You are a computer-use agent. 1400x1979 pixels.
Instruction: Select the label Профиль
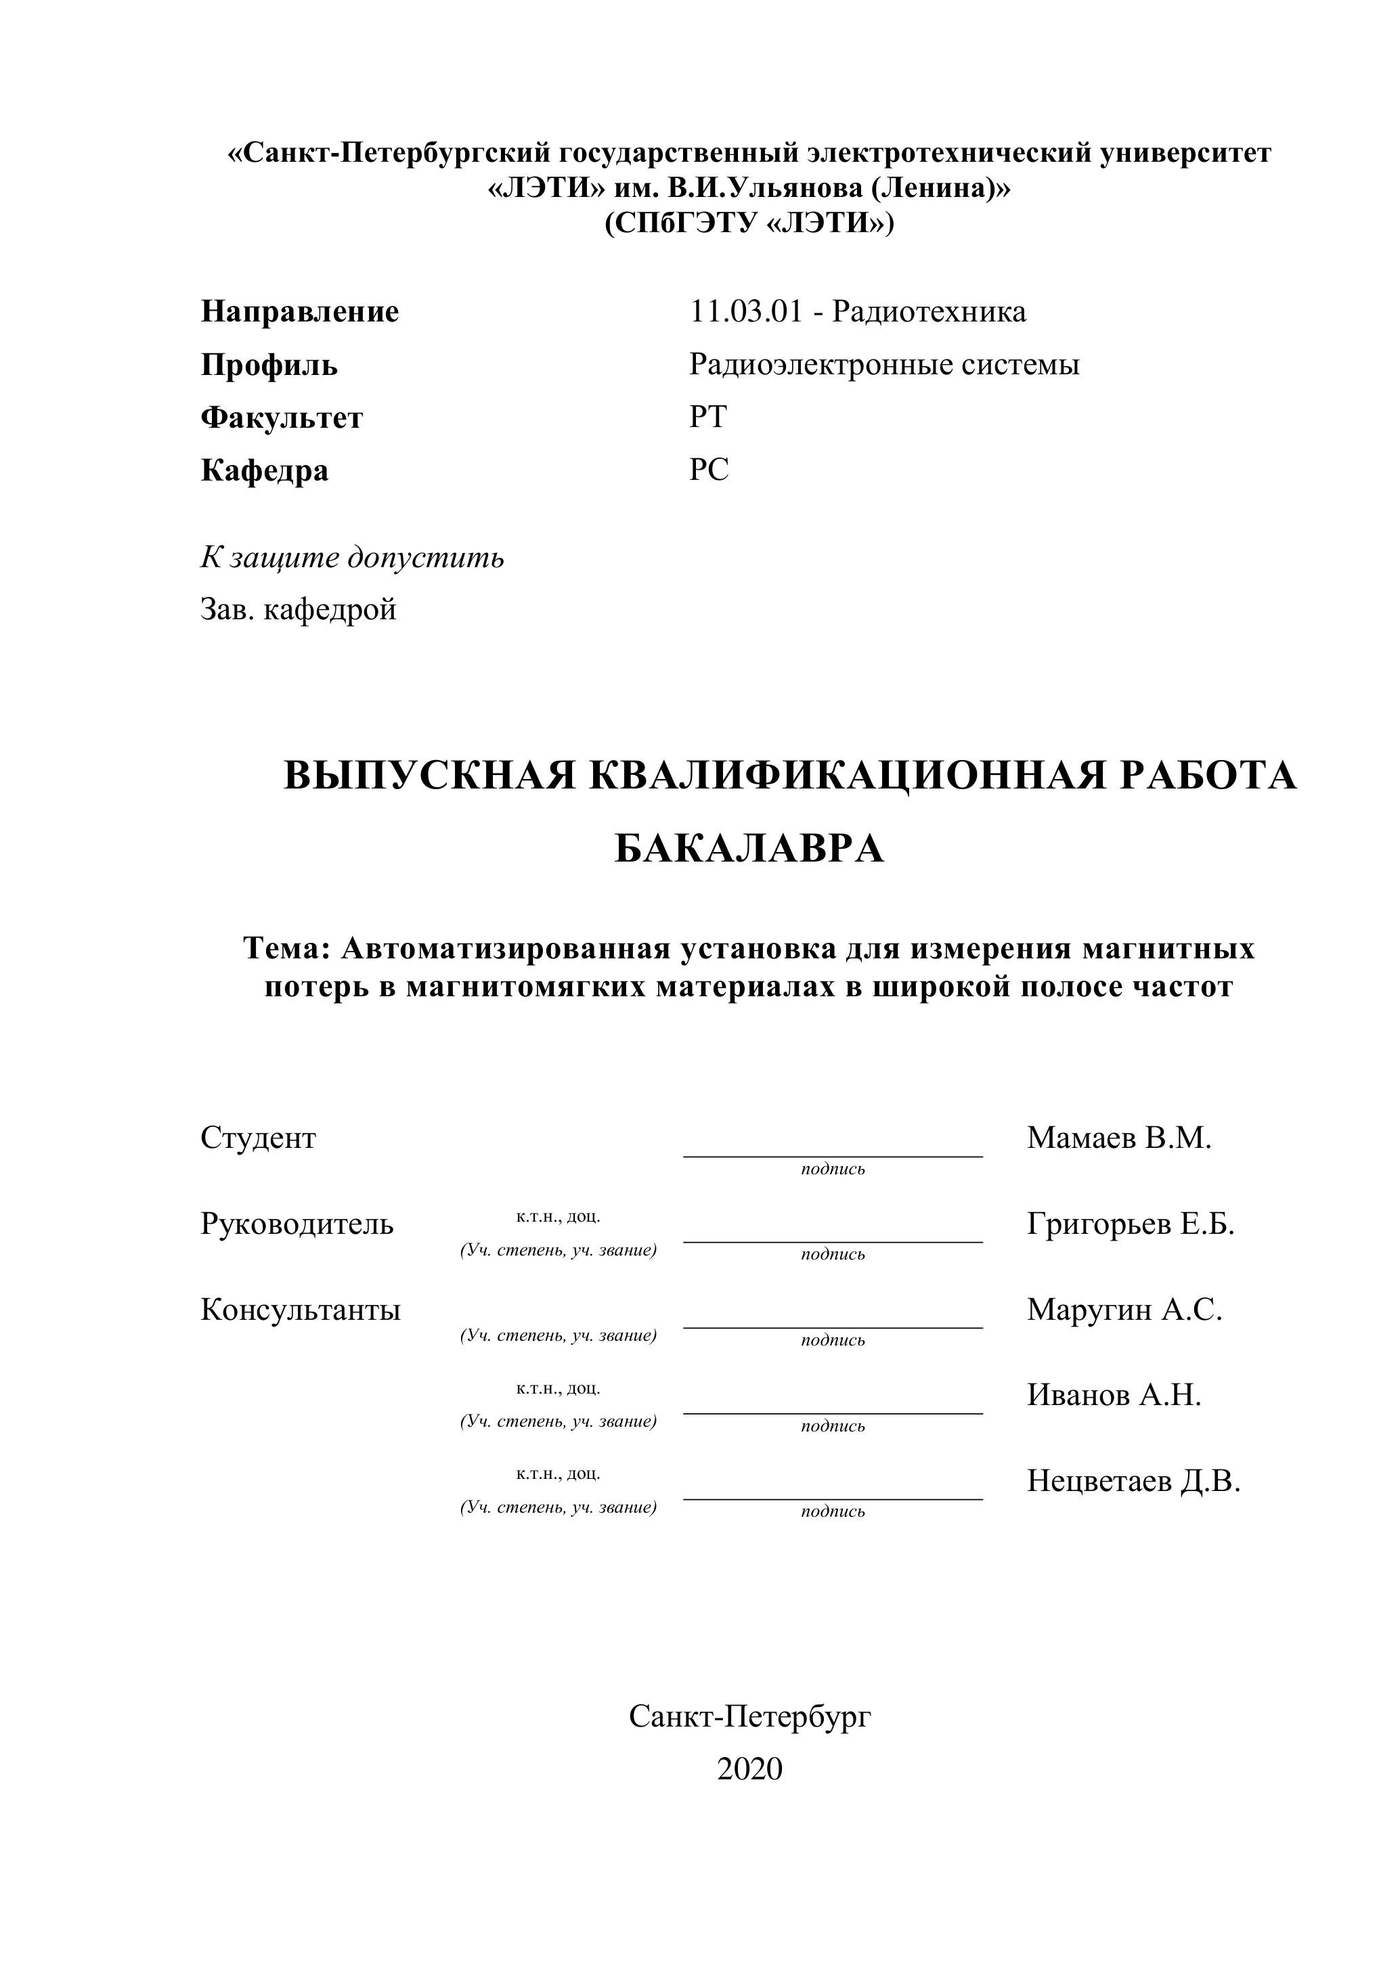pyautogui.click(x=269, y=365)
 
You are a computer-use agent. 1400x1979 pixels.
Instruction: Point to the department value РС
pyautogui.click(x=709, y=470)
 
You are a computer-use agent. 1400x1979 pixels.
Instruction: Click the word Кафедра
pyautogui.click(x=265, y=470)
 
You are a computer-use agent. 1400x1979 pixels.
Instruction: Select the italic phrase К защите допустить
pyautogui.click(x=352, y=558)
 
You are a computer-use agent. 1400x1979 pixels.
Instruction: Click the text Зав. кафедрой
pyautogui.click(x=299, y=609)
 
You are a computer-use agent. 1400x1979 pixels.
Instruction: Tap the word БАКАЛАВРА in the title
pyautogui.click(x=749, y=849)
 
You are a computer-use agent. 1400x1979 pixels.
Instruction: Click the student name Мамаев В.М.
pyautogui.click(x=1119, y=1138)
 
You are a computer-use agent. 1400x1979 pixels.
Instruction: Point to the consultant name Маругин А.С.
pyautogui.click(x=1124, y=1310)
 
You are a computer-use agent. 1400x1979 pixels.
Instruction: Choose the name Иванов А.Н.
pyautogui.click(x=1114, y=1396)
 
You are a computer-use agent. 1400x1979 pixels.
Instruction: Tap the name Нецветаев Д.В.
pyautogui.click(x=1133, y=1482)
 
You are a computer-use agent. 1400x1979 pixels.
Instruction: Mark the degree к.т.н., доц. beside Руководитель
pyautogui.click(x=558, y=1217)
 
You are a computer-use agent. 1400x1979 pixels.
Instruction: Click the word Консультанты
pyautogui.click(x=300, y=1310)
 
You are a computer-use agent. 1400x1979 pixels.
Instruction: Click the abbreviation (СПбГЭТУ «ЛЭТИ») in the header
pyautogui.click(x=749, y=223)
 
